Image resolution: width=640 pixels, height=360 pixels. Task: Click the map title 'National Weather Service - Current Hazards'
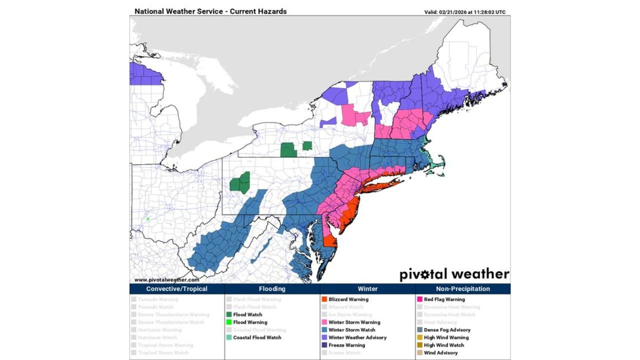coord(210,11)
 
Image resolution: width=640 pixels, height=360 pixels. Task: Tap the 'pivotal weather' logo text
coord(454,274)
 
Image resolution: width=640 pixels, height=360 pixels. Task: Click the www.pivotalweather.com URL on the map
coord(166,280)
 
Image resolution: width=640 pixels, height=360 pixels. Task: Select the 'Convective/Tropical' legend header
coord(176,289)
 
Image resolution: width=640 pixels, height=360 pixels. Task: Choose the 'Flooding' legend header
coord(272,289)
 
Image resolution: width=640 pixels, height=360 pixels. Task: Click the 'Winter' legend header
coord(367,289)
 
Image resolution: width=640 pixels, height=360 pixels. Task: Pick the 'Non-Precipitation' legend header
coord(463,289)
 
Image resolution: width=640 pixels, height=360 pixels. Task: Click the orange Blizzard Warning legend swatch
coord(324,299)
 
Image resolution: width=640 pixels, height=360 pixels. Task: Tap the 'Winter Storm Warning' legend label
coord(354,322)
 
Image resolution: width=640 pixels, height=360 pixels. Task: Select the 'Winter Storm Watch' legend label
coord(351,330)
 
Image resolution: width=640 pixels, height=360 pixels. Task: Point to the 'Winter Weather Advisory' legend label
coord(357,337)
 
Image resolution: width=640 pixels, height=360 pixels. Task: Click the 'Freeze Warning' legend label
coord(346,345)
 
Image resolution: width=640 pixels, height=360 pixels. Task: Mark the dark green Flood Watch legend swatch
coord(228,315)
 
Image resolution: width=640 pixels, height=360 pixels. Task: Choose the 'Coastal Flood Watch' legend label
coord(257,337)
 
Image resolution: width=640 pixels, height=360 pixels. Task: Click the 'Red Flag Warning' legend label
coord(444,299)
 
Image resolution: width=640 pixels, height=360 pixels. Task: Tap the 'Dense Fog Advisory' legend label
coord(447,330)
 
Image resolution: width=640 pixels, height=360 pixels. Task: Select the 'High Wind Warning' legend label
coord(446,337)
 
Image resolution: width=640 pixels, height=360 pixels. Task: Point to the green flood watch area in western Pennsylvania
coord(240,183)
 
